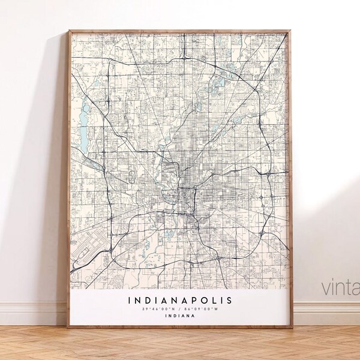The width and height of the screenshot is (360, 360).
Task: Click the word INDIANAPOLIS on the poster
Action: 179,300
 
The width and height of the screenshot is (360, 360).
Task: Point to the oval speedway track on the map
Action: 130,178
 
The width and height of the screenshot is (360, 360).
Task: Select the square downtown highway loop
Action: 187,197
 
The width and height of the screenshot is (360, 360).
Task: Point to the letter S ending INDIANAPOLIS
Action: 231,300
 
